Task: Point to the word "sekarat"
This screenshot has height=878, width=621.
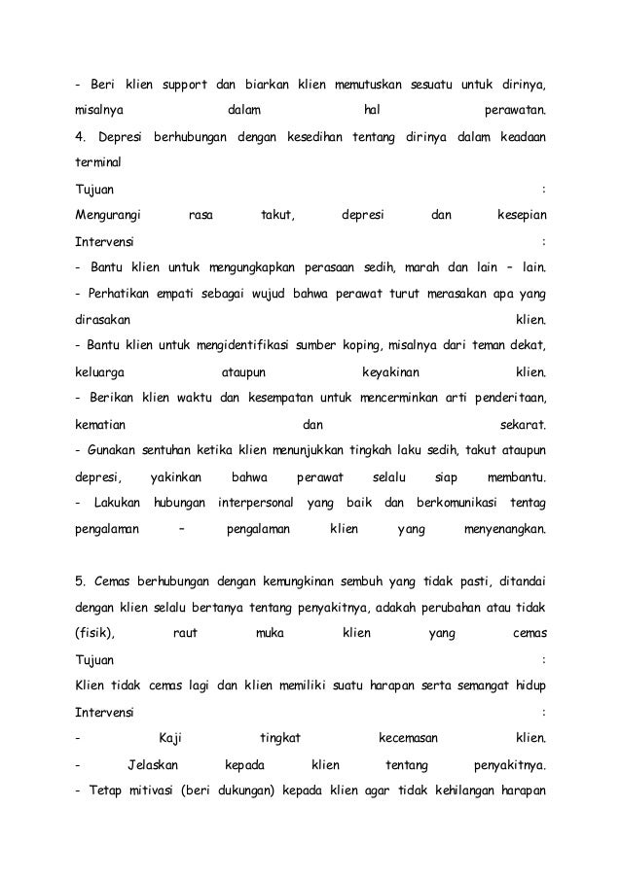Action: (x=523, y=424)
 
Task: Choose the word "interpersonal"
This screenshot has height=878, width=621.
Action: (x=255, y=504)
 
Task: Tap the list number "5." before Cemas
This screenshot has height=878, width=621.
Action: (x=82, y=581)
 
